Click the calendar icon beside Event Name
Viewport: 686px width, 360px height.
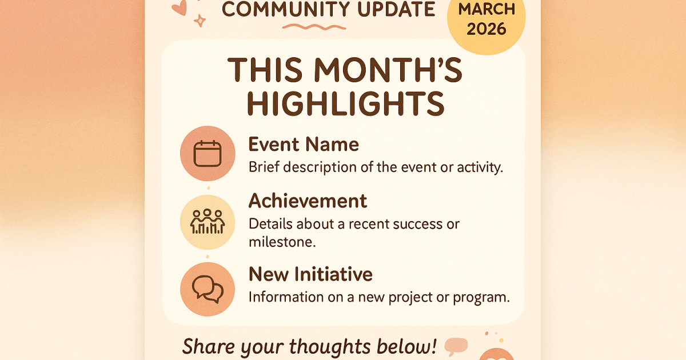pyautogui.click(x=208, y=153)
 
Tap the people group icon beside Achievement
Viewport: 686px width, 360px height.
pyautogui.click(x=208, y=222)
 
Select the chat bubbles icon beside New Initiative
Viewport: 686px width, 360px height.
pyautogui.click(x=208, y=289)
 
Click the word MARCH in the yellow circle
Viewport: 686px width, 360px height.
pyautogui.click(x=486, y=9)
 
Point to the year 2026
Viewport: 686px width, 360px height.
pyautogui.click(x=486, y=29)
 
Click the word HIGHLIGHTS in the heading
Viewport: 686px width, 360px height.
pyautogui.click(x=345, y=104)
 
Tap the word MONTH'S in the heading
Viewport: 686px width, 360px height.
pyautogui.click(x=388, y=70)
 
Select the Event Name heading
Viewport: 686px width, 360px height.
pyautogui.click(x=304, y=144)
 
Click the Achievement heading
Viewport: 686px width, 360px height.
pyautogui.click(x=308, y=201)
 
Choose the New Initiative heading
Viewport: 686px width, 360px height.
pyautogui.click(x=310, y=274)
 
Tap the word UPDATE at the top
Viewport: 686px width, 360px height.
pyautogui.click(x=396, y=9)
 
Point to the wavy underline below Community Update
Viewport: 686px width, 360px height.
pyautogui.click(x=314, y=27)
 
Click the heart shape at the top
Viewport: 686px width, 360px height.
pyautogui.click(x=180, y=7)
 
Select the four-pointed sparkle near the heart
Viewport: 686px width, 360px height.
pyautogui.click(x=200, y=21)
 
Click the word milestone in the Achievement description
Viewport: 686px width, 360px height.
pyautogui.click(x=282, y=242)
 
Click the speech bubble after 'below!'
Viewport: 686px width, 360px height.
pyautogui.click(x=456, y=346)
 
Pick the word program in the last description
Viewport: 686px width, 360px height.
pyautogui.click(x=481, y=298)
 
